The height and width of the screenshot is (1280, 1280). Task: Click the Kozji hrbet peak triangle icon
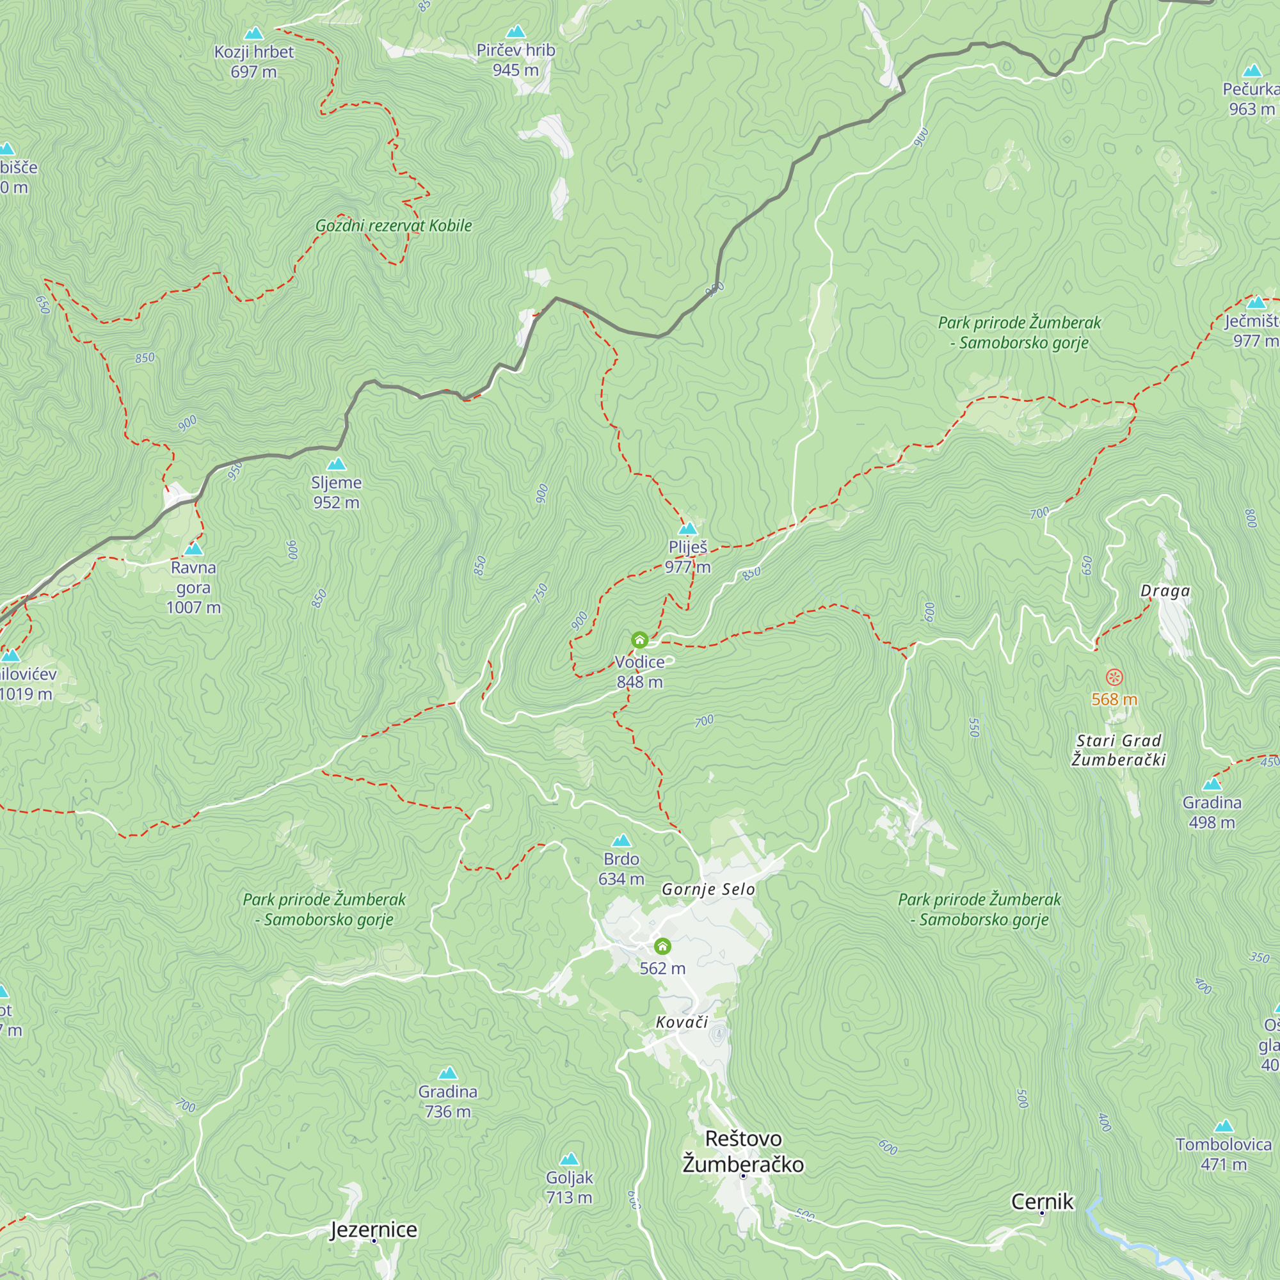coord(253,33)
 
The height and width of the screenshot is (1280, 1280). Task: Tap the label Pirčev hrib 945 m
coord(515,60)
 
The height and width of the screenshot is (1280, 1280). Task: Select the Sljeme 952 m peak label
coord(337,492)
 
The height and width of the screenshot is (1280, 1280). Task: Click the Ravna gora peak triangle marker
coord(193,548)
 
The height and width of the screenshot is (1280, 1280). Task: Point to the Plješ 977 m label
coord(688,557)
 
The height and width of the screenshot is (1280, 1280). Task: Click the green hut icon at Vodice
coord(639,639)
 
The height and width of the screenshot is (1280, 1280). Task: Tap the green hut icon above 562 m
coord(662,945)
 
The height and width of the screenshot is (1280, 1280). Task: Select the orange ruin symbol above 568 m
coord(1114,677)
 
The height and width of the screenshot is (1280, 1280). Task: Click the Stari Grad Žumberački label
coord(1118,750)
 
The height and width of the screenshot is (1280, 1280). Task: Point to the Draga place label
coord(1165,590)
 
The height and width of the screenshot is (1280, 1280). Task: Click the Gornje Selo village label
coord(708,889)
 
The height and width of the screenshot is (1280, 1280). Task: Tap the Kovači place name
coord(682,1022)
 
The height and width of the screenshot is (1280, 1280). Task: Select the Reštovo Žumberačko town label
coord(743,1151)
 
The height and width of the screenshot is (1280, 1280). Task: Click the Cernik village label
coord(1041,1201)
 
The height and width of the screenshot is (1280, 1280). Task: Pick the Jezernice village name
coord(374,1229)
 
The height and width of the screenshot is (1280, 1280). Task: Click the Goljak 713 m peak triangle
coord(569,1160)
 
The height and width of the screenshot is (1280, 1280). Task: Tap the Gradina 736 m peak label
coord(448,1101)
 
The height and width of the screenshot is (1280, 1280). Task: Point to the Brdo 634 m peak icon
coord(621,841)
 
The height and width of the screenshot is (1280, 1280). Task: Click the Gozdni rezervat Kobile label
coord(394,225)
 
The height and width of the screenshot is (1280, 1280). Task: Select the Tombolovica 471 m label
coord(1223,1154)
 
